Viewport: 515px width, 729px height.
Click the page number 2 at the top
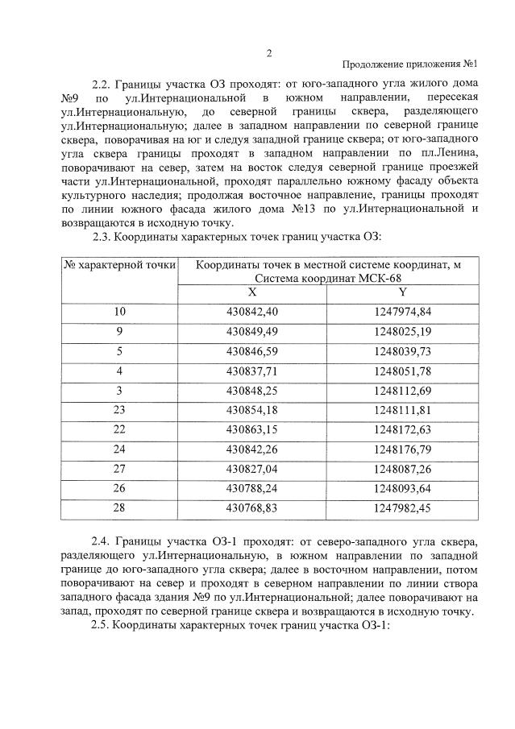(269, 53)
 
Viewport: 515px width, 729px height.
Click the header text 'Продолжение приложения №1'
(411, 65)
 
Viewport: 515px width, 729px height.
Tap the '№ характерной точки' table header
(120, 266)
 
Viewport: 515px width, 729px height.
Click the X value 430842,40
(252, 312)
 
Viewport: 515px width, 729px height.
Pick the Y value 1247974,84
(402, 312)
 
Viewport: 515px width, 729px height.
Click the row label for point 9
(120, 331)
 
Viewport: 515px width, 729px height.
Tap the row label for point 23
(120, 410)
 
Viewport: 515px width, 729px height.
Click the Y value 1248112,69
(402, 391)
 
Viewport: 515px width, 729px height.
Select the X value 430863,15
(252, 430)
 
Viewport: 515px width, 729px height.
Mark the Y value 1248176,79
(402, 449)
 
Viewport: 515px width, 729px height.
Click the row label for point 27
(120, 470)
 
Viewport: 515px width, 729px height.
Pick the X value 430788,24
(252, 489)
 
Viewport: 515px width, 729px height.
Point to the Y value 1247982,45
(402, 509)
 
